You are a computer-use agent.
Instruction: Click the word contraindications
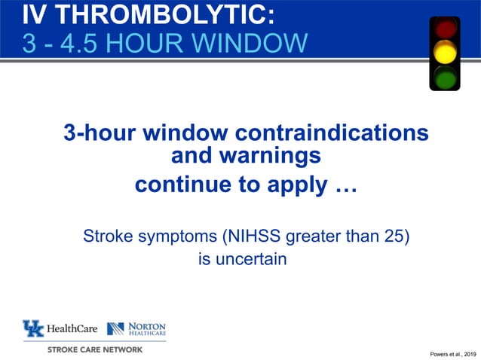(332, 133)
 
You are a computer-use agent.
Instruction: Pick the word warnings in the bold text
(246, 157)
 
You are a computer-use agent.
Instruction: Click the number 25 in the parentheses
(391, 237)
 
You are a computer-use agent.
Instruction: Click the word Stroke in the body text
(106, 237)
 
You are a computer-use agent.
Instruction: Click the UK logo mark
(33, 329)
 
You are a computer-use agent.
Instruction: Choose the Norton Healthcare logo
(136, 329)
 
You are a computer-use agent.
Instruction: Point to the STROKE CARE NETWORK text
(94, 349)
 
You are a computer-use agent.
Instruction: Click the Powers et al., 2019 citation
(453, 354)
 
